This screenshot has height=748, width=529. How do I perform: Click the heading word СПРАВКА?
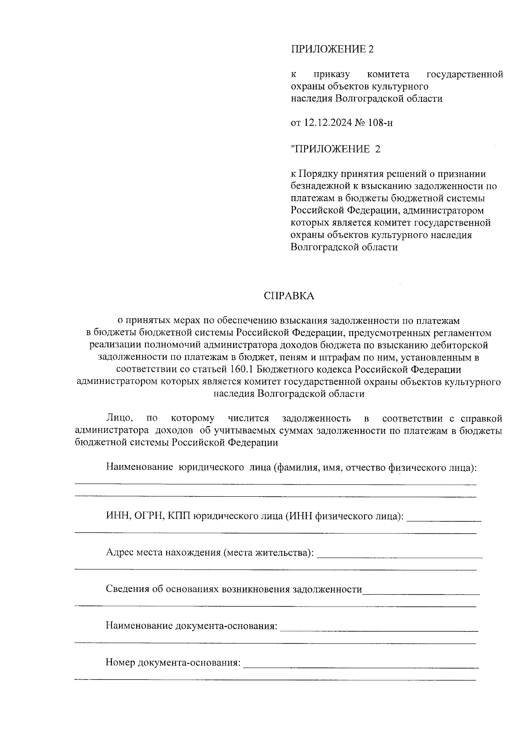click(x=289, y=296)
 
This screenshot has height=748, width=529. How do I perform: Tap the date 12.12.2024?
click(x=327, y=123)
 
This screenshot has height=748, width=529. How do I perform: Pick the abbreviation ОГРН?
click(x=147, y=516)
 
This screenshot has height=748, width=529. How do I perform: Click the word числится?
click(x=248, y=418)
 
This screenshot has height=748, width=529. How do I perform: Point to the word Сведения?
click(x=126, y=589)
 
